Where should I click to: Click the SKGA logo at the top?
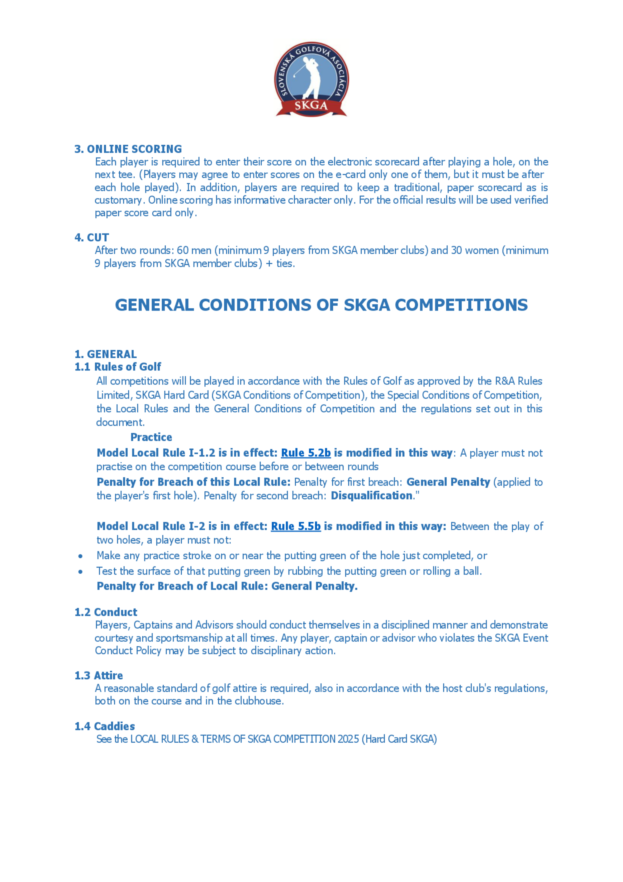coord(311,80)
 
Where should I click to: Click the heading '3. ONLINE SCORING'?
coord(128,149)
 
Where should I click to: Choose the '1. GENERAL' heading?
coord(106,354)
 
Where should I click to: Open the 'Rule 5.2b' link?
coord(306,453)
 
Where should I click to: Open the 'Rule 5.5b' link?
coord(296,526)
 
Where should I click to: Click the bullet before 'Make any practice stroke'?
coord(80,556)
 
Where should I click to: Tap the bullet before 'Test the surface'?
coord(80,571)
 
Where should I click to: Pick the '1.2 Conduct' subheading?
coord(106,612)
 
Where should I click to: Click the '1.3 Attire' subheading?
coord(99,675)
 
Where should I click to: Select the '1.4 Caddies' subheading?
coord(105,726)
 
